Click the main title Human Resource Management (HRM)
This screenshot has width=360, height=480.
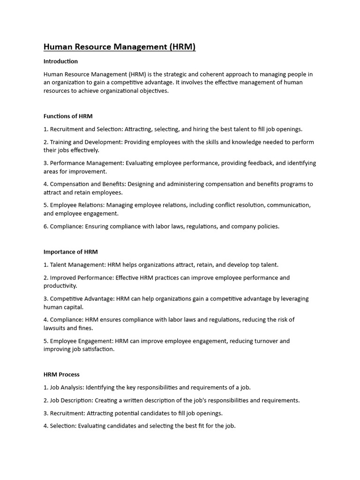coord(120,47)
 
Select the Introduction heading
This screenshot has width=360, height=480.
coord(60,61)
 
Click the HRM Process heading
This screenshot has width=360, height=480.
coord(61,375)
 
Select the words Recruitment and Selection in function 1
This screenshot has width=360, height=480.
coord(86,129)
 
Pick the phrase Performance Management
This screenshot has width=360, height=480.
coord(86,163)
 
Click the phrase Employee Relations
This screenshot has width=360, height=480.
coord(76,205)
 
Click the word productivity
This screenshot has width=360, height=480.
coord(60,286)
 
